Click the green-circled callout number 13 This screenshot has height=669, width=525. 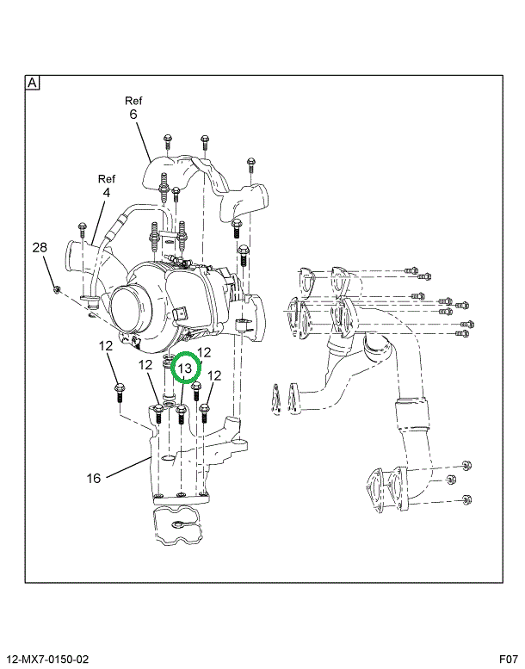(184, 368)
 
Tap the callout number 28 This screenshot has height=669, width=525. (40, 248)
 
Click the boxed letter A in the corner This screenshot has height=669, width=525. (32, 83)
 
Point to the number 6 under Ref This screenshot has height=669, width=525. (133, 114)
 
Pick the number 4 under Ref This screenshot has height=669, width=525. (106, 194)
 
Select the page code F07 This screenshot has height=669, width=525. (507, 658)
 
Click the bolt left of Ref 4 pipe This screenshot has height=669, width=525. (82, 228)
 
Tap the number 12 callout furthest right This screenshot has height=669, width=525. (214, 375)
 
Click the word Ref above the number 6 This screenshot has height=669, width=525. (133, 99)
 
